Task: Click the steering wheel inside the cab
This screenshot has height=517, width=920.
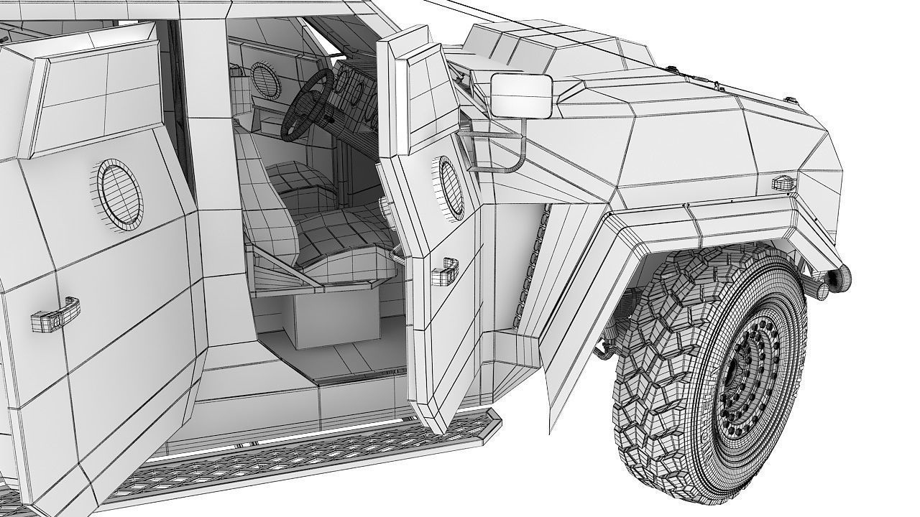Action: pyautogui.click(x=305, y=108)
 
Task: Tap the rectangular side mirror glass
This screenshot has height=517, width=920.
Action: pyautogui.click(x=521, y=96)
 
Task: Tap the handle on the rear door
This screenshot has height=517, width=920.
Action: pyautogui.click(x=54, y=315)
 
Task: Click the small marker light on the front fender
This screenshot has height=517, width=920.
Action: pyautogui.click(x=783, y=183)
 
